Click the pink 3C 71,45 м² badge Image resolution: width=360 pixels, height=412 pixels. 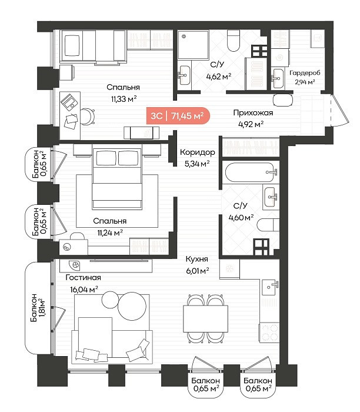point(178,115)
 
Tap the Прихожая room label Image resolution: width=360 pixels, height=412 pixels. point(253,113)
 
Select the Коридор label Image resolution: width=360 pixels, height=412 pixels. point(197,152)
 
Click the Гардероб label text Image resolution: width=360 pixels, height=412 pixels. point(305,73)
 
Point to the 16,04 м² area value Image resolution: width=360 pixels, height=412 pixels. point(84,290)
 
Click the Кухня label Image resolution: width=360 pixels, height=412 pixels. point(196,259)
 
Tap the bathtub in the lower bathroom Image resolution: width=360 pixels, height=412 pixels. point(250,172)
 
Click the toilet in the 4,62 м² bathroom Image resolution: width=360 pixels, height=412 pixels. point(234,40)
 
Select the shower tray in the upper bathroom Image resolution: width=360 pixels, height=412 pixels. point(194,44)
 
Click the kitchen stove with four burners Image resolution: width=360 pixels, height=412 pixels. point(269,333)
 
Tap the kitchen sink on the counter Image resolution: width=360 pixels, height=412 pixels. point(270,287)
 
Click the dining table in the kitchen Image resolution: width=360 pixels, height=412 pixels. point(205,318)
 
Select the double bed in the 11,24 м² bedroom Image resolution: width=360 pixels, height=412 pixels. point(117,179)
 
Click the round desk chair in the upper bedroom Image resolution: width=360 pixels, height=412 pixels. point(88,117)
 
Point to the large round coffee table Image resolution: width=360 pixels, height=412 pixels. point(132,306)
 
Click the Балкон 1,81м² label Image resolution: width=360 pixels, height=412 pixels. point(38,307)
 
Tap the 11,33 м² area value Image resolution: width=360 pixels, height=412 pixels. point(124,99)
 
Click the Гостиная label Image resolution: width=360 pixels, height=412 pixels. point(84,277)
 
